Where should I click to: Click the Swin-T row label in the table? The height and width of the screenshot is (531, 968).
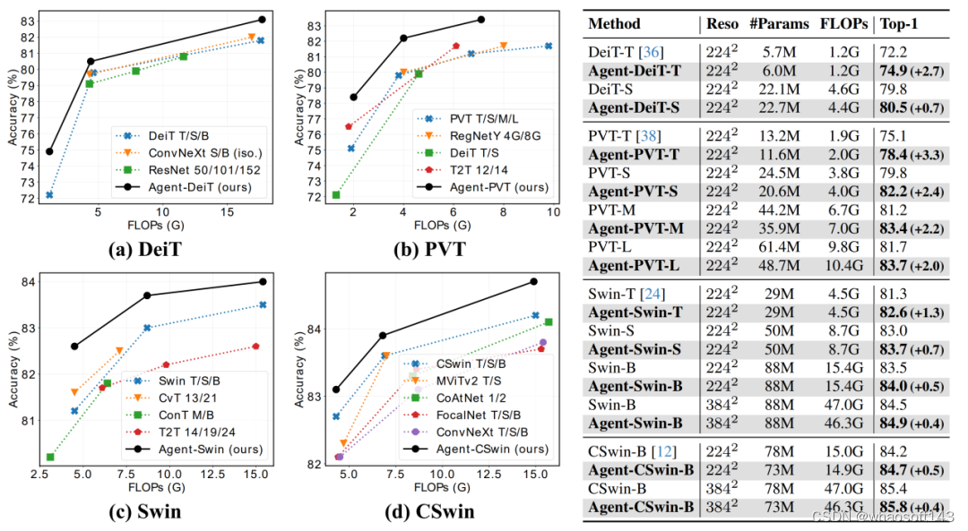614,292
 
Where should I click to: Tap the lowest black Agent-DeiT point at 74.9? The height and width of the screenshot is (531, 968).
49,151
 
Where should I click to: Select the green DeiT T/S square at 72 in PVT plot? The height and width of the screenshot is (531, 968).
336,195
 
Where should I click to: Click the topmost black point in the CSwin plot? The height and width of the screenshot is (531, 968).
533,281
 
